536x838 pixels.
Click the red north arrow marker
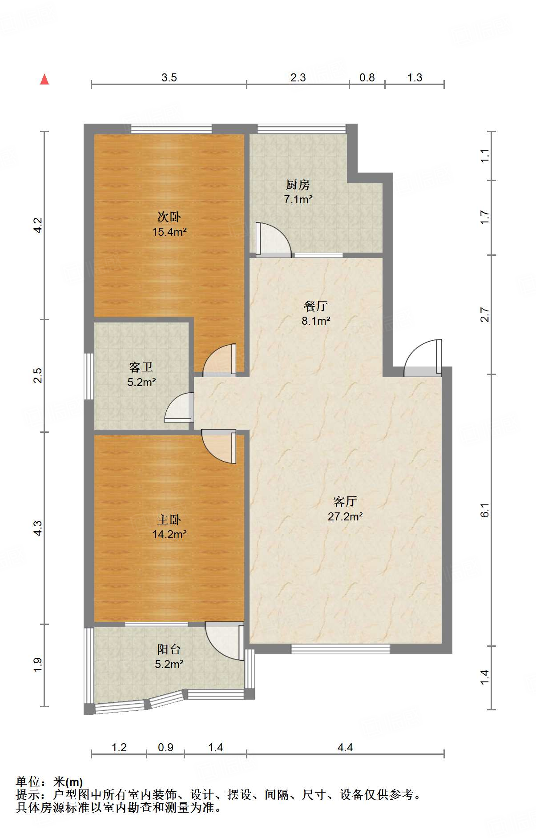coord(44,79)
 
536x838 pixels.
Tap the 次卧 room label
coord(169,217)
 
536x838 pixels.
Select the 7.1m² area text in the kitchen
coord(298,199)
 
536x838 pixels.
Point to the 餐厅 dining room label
coord(316,306)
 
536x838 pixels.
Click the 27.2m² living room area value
coord(345,516)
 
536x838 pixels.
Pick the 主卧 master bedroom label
coord(169,520)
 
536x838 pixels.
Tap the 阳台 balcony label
coord(169,649)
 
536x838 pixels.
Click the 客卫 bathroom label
coord(141,367)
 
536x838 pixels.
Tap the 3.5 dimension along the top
coord(169,78)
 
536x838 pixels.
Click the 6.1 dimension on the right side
coord(485,510)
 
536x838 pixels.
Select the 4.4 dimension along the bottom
coord(345,747)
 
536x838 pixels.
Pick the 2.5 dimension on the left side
coord(38,375)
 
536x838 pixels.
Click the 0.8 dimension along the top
coord(367,78)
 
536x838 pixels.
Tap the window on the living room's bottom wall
coord(341,649)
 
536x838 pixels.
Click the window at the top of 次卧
coord(171,129)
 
